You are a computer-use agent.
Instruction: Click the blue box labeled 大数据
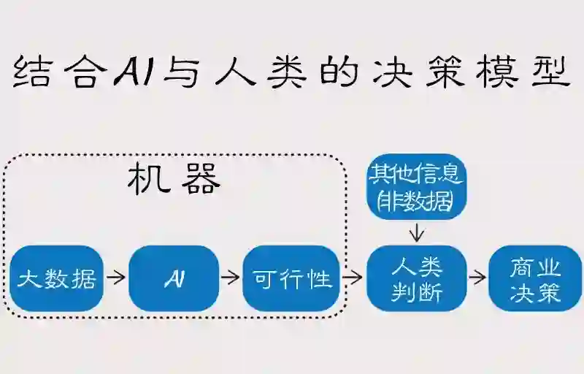pyautogui.click(x=56, y=278)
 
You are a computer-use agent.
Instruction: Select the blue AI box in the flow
pyautogui.click(x=174, y=278)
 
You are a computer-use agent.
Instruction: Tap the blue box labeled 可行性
pyautogui.click(x=291, y=278)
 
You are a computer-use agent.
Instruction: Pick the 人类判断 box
pyautogui.click(x=417, y=278)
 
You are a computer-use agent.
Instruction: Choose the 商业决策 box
pyautogui.click(x=535, y=278)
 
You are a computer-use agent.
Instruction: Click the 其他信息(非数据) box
pyautogui.click(x=417, y=186)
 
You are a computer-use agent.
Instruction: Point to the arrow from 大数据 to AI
pyautogui.click(x=115, y=278)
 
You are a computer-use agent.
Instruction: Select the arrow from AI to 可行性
pyautogui.click(x=230, y=278)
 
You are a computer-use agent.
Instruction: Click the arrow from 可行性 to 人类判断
pyautogui.click(x=353, y=278)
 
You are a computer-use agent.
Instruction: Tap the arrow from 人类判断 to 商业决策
pyautogui.click(x=477, y=278)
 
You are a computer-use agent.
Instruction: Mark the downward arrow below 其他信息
pyautogui.click(x=417, y=232)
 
